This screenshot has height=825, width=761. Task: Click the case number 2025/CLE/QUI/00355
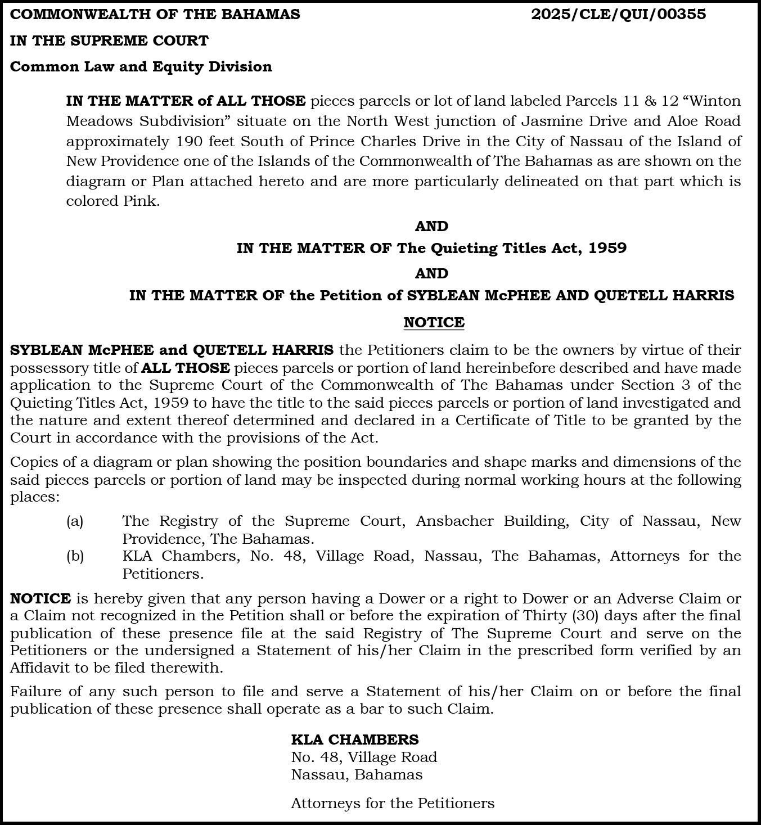point(618,14)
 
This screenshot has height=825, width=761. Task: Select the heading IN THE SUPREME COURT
point(109,40)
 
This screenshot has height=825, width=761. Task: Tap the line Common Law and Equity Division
point(141,66)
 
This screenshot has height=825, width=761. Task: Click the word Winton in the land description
point(714,101)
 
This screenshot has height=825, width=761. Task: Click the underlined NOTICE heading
point(434,322)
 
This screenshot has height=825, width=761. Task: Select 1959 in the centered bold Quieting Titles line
point(607,248)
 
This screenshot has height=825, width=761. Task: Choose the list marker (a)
point(75,521)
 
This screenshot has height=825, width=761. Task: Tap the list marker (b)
point(75,556)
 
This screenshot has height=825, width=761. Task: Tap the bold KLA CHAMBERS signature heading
point(354,739)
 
